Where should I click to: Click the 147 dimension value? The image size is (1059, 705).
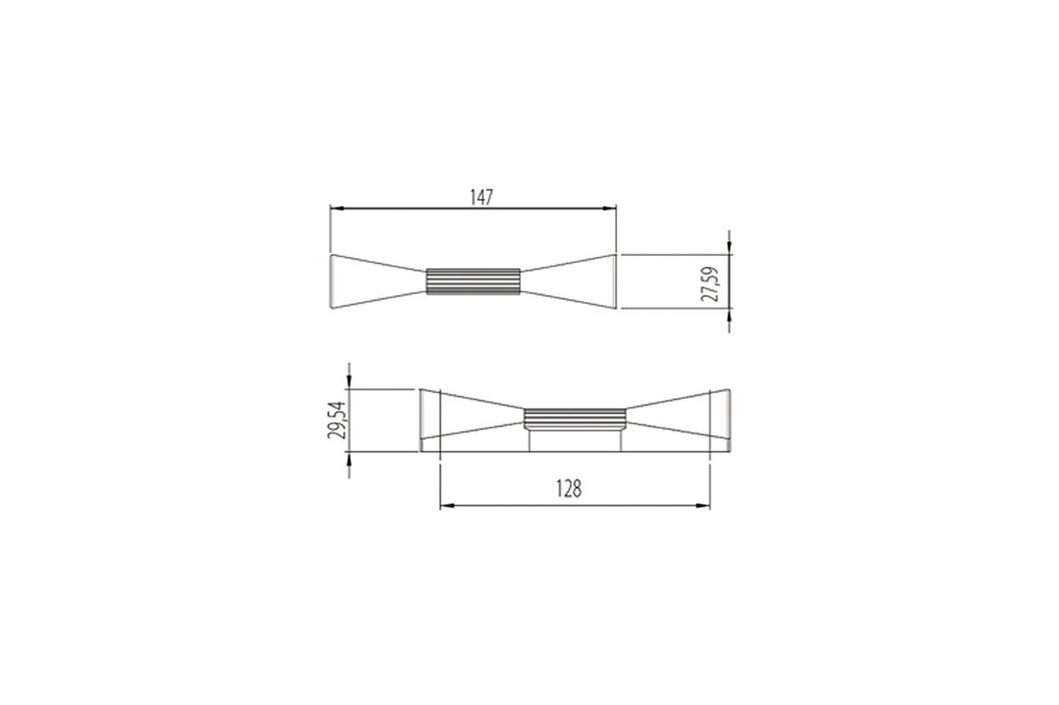coord(481,197)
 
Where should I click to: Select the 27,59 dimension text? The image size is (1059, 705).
coord(710,284)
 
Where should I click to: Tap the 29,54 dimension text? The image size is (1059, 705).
coord(336,420)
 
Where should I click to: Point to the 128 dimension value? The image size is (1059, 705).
coord(569,489)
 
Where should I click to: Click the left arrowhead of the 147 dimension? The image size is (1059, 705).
coord(336,208)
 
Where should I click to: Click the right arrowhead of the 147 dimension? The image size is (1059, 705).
coord(610,208)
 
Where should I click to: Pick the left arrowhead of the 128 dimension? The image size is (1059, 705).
coord(447,506)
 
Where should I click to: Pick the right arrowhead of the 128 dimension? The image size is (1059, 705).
coord(703,506)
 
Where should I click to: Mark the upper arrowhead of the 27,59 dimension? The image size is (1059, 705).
coord(729,248)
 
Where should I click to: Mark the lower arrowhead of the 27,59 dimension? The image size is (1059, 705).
coord(729,315)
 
